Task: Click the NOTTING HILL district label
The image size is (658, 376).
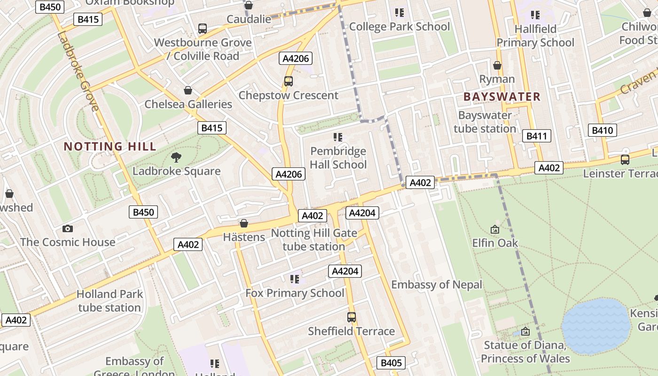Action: [x=110, y=146]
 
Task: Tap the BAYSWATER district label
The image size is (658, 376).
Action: [x=502, y=97]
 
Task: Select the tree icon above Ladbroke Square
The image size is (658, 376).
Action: [x=176, y=157]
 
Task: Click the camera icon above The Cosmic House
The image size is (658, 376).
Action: [x=68, y=228]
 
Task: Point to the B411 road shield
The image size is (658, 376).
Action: [x=536, y=136]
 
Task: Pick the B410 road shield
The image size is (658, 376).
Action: [x=602, y=130]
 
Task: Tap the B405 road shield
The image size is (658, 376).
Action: [x=391, y=363]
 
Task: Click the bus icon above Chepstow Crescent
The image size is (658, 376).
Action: [x=289, y=81]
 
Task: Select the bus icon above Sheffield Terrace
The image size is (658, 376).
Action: [x=352, y=317]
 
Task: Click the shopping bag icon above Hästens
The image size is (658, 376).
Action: [x=243, y=223]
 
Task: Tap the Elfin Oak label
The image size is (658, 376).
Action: [x=495, y=243]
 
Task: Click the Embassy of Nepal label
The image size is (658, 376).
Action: [x=437, y=284]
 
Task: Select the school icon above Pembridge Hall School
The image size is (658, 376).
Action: [x=338, y=137]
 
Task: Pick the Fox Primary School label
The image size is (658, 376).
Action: [x=295, y=293]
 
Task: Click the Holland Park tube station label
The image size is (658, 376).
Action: [x=110, y=301]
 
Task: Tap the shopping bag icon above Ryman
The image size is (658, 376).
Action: [x=497, y=65]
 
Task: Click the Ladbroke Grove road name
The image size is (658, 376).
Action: [x=78, y=71]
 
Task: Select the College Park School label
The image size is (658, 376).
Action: [x=399, y=26]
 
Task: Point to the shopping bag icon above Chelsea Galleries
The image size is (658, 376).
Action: [x=188, y=90]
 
